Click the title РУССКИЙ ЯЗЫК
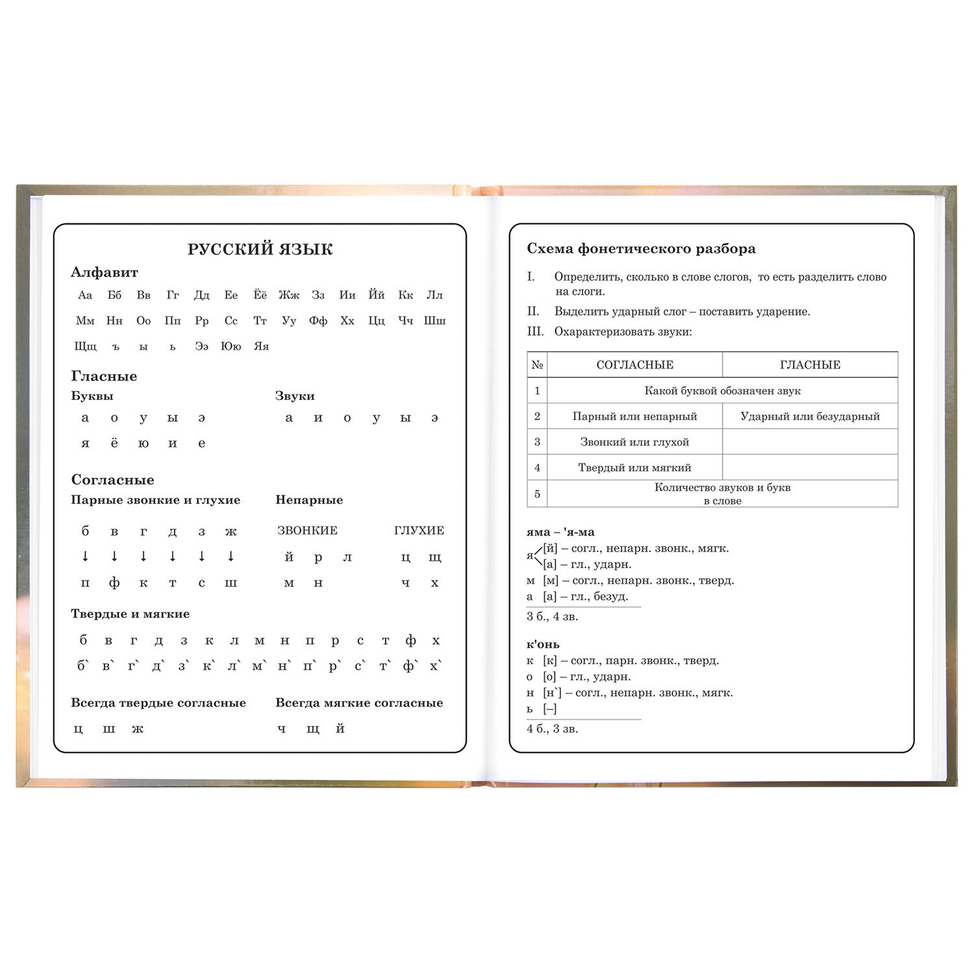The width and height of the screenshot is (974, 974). click(x=260, y=249)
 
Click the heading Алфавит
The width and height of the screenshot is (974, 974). click(x=104, y=273)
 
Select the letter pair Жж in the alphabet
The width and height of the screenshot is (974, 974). click(x=289, y=295)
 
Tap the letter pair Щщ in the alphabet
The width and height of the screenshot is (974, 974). click(x=85, y=346)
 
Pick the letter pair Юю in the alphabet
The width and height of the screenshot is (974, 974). click(x=231, y=346)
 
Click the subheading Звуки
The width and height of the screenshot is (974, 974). click(x=295, y=396)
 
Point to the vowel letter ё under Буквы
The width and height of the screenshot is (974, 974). click(x=114, y=443)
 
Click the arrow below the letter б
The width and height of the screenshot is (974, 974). click(x=85, y=556)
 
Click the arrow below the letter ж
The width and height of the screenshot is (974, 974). click(x=231, y=556)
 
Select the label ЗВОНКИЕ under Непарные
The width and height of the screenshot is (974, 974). click(x=307, y=531)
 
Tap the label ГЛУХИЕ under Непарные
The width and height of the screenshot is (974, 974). click(x=419, y=531)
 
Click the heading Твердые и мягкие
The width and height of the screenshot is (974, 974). click(x=130, y=614)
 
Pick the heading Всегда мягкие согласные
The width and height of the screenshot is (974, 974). click(x=359, y=703)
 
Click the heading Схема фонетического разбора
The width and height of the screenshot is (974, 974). click(x=641, y=249)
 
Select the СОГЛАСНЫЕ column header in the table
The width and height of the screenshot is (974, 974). click(x=634, y=365)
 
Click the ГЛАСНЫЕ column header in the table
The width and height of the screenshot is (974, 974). click(x=810, y=365)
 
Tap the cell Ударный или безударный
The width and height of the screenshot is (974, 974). click(x=810, y=416)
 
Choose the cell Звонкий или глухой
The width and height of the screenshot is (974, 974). click(x=634, y=442)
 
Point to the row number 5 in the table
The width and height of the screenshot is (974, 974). click(x=537, y=494)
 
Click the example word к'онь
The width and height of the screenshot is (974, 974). click(x=543, y=644)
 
